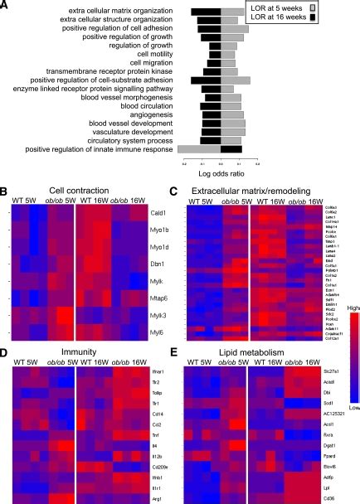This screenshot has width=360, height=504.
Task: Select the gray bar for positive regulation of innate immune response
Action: (x=198, y=150)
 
